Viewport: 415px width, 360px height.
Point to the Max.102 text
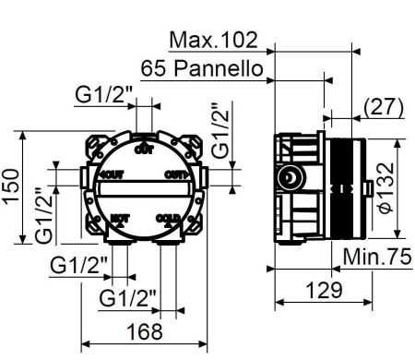coord(214,41)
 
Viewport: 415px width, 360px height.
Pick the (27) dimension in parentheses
coord(383,106)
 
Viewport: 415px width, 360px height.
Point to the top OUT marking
coord(143,148)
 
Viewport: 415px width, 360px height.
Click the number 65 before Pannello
coord(155,68)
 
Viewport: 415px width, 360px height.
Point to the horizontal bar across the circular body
coord(143,190)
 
